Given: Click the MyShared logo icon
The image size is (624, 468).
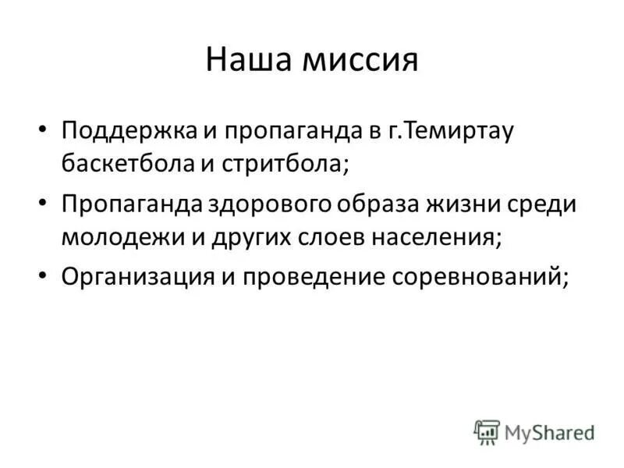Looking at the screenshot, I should click(x=487, y=431).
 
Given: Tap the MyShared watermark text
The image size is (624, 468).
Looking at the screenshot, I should click(x=548, y=431).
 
